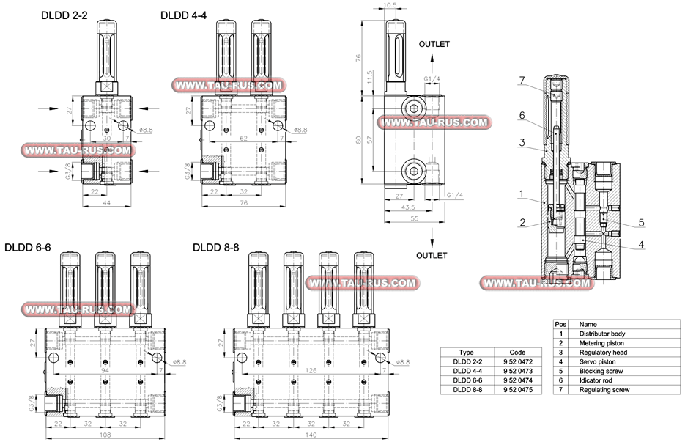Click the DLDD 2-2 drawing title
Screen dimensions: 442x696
coord(64,15)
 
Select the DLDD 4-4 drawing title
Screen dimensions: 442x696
coord(182,15)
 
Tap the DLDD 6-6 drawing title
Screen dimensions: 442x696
coord(27,247)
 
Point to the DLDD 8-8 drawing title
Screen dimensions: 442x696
coord(215,247)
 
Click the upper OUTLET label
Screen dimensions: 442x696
coord(434,44)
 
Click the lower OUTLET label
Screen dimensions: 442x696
coord(432,256)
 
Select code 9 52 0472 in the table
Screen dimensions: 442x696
coord(517,361)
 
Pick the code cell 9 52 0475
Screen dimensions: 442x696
coord(517,390)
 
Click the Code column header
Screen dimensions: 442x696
coord(517,352)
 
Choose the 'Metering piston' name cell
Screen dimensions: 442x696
coord(601,343)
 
